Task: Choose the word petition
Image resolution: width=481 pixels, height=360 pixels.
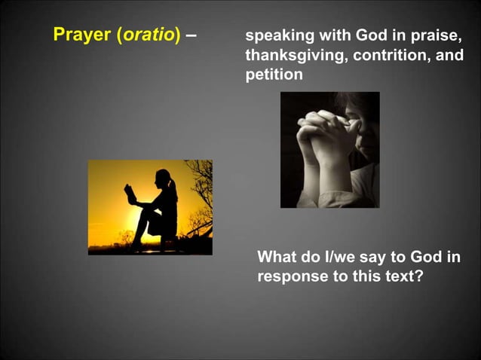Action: point(274,75)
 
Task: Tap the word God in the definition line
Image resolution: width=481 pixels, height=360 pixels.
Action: point(371,36)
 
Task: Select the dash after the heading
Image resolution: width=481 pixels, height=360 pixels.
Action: point(191,35)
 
